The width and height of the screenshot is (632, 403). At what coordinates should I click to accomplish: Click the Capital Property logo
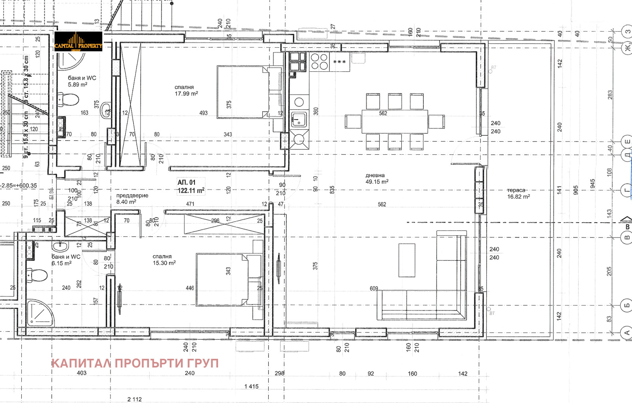click(x=78, y=42)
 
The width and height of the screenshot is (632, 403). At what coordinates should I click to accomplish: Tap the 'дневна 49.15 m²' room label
click(x=376, y=178)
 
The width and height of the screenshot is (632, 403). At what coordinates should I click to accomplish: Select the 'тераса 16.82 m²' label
click(x=518, y=193)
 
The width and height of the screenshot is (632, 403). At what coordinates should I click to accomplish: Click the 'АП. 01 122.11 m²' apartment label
click(x=191, y=186)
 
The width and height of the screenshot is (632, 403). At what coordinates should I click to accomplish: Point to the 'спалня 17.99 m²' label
click(x=186, y=90)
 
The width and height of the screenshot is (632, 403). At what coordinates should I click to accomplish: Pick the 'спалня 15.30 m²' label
click(x=164, y=260)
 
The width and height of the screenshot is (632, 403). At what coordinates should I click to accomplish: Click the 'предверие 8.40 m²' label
click(x=132, y=199)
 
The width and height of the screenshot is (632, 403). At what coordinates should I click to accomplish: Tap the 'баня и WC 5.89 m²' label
click(x=82, y=81)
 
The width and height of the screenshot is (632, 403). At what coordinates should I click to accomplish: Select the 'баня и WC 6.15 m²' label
click(x=66, y=260)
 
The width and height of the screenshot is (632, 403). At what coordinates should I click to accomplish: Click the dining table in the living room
click(x=395, y=122)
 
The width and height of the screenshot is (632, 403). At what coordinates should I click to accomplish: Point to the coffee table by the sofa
click(x=406, y=261)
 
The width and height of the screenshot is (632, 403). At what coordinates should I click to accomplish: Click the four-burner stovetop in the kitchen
click(x=319, y=62)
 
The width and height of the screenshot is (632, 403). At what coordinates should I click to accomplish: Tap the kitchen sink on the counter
click(x=299, y=119)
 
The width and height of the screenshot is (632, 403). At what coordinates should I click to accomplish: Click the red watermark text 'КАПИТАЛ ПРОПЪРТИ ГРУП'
click(x=135, y=363)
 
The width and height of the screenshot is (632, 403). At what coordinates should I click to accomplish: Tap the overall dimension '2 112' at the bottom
click(x=134, y=399)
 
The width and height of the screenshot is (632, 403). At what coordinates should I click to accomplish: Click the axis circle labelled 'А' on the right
click(x=627, y=333)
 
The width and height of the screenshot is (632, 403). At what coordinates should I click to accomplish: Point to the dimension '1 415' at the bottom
click(x=251, y=386)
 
